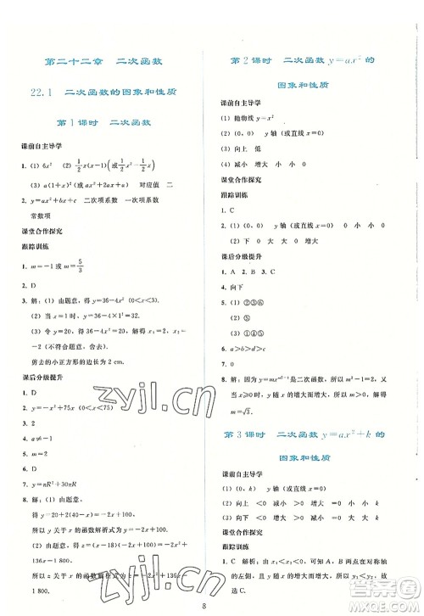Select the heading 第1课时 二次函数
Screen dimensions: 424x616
[101, 123]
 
